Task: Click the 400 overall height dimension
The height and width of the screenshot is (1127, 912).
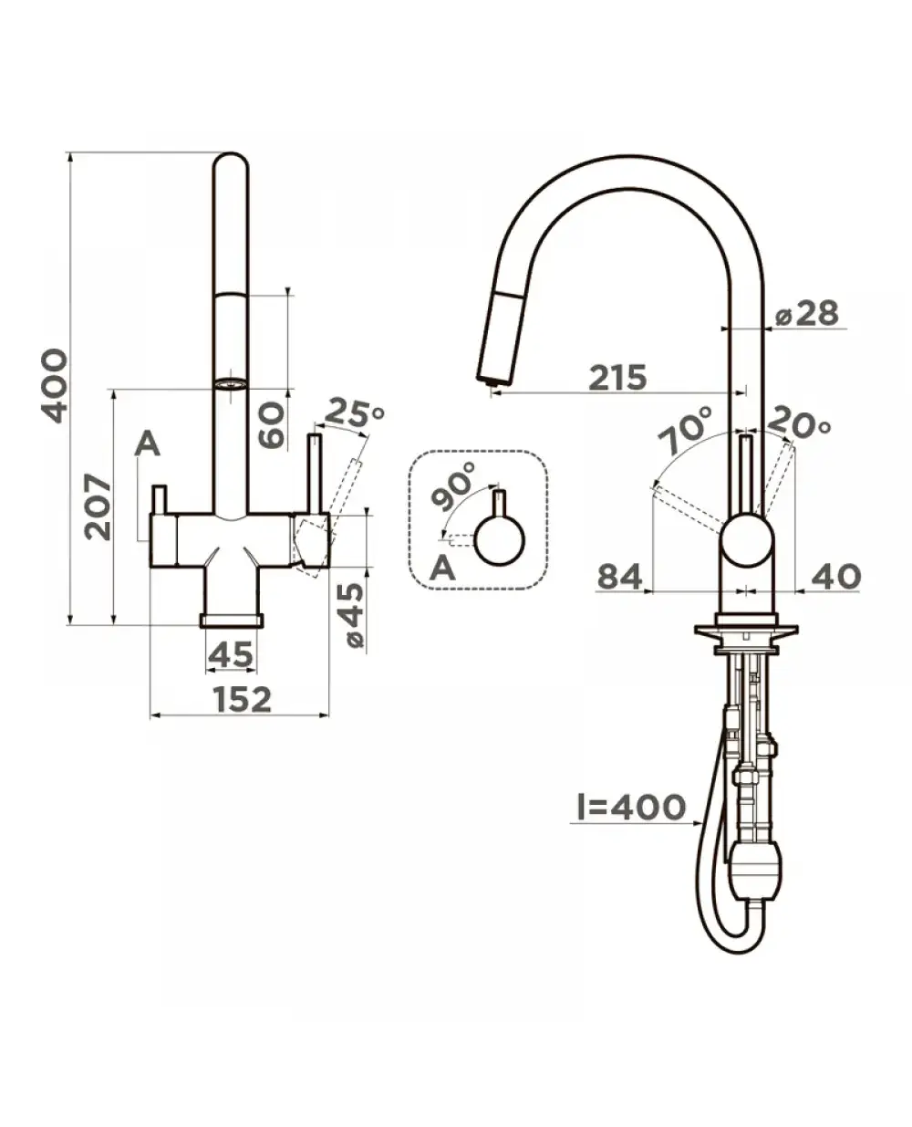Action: [55, 386]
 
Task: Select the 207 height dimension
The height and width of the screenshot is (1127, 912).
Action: [98, 506]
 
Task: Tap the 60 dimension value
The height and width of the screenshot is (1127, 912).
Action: [272, 423]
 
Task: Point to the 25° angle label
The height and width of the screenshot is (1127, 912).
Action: [353, 412]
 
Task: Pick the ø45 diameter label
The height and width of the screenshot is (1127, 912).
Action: [351, 615]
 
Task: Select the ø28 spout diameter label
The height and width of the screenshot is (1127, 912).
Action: [807, 313]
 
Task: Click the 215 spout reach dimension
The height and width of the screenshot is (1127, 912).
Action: [617, 377]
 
